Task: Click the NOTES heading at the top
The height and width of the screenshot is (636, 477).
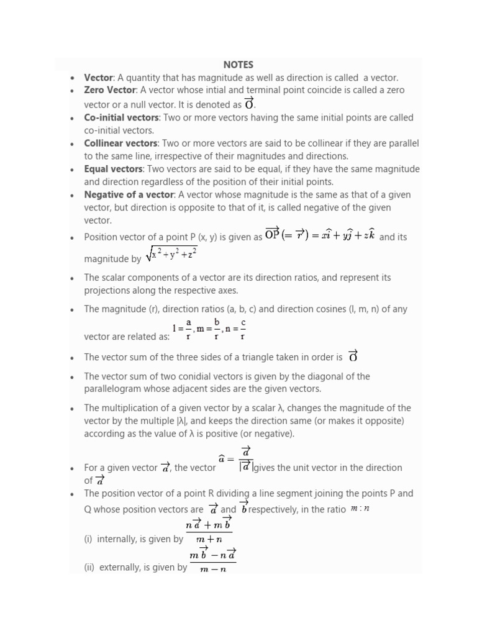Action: coord(238,65)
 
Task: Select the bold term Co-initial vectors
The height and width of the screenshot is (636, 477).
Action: coord(122,117)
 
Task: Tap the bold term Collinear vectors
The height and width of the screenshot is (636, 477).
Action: coord(120,143)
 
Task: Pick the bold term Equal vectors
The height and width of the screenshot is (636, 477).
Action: coord(114,169)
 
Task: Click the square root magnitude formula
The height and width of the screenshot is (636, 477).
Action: coord(171,255)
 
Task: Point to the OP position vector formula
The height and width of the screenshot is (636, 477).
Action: coord(320,235)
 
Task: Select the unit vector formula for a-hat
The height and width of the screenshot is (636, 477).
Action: coord(237,459)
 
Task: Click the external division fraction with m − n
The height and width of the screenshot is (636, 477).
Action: coord(213,561)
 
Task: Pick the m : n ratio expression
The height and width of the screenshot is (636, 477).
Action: coord(360,509)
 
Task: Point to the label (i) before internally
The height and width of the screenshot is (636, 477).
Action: coord(88,539)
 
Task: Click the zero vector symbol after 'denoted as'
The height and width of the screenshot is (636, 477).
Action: coord(250,104)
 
